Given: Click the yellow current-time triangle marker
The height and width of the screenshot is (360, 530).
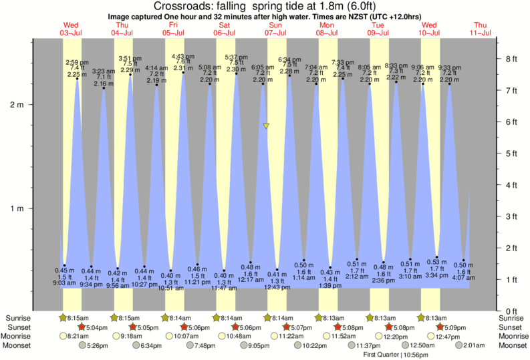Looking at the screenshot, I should [x=266, y=126].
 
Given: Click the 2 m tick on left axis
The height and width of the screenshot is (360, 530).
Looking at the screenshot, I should [x=31, y=105].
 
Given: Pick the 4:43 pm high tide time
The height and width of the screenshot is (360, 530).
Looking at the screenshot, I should [x=182, y=56].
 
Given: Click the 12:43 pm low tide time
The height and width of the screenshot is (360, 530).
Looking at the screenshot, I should [x=277, y=287].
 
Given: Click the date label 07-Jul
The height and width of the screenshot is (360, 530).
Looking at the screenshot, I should [x=275, y=33].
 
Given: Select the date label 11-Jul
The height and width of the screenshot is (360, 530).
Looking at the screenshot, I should [x=481, y=33].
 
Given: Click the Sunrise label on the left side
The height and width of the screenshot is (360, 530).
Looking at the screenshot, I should [x=17, y=319].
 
